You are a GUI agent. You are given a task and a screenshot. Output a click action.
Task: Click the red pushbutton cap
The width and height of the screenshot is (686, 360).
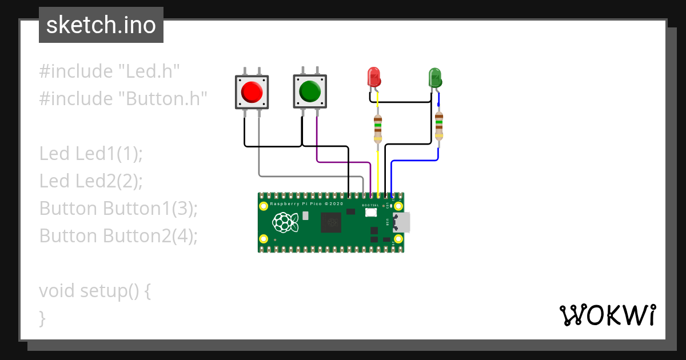(252, 91)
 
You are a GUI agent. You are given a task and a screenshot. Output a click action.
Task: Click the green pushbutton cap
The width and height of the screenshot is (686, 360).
(310, 91)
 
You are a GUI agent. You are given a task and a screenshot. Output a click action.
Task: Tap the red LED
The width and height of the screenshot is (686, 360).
(373, 77)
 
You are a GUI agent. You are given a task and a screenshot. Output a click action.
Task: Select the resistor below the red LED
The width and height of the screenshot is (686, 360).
(378, 129)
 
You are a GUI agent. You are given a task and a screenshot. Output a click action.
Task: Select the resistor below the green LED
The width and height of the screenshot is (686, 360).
(438, 126)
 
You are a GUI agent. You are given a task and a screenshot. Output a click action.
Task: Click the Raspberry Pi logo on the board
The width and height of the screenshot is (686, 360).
(286, 223)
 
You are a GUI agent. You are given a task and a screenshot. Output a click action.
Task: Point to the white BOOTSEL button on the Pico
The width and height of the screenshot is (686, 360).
(370, 213)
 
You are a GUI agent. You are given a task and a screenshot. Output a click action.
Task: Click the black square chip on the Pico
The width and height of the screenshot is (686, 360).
(332, 222)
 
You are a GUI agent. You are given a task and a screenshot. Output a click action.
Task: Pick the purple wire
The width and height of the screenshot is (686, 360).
(343, 162)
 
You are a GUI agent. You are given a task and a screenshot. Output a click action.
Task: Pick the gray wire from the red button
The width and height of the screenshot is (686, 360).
(309, 175)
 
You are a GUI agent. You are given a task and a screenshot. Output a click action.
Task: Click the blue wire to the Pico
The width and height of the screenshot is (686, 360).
(414, 161)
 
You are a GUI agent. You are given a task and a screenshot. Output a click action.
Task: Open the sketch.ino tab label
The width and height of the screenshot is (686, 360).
(101, 25)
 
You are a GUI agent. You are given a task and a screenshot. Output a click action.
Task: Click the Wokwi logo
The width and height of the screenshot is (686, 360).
(607, 315)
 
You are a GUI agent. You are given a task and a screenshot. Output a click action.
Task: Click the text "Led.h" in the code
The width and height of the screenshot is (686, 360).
(149, 71)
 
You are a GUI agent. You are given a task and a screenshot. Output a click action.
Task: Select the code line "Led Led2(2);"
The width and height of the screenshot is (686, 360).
(91, 181)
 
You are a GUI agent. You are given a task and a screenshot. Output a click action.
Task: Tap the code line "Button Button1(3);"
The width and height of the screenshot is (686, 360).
(118, 209)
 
